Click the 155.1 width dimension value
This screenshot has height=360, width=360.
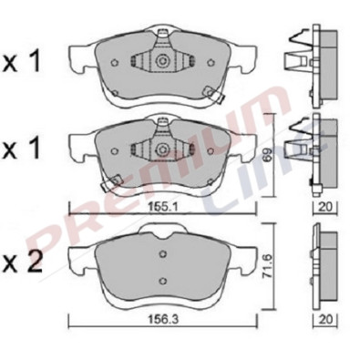(162, 207)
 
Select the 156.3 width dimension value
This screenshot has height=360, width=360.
(162, 320)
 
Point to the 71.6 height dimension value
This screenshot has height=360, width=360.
(268, 267)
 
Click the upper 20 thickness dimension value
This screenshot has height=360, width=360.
(324, 207)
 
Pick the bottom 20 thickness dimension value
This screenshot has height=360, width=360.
(324, 320)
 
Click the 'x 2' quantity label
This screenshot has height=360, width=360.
(22, 262)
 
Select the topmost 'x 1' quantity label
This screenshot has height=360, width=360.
(21, 62)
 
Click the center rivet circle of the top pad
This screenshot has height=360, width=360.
(162, 61)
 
